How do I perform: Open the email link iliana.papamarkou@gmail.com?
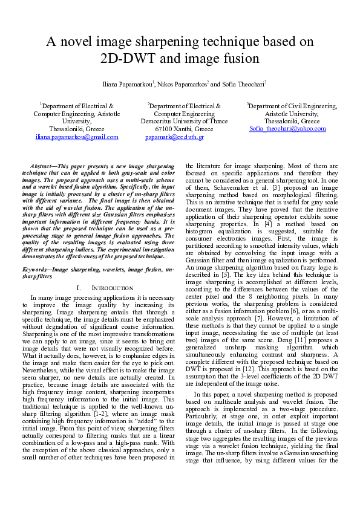click(76, 137)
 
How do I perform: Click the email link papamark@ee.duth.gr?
click(174, 137)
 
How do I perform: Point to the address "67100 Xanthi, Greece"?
click(184, 129)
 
